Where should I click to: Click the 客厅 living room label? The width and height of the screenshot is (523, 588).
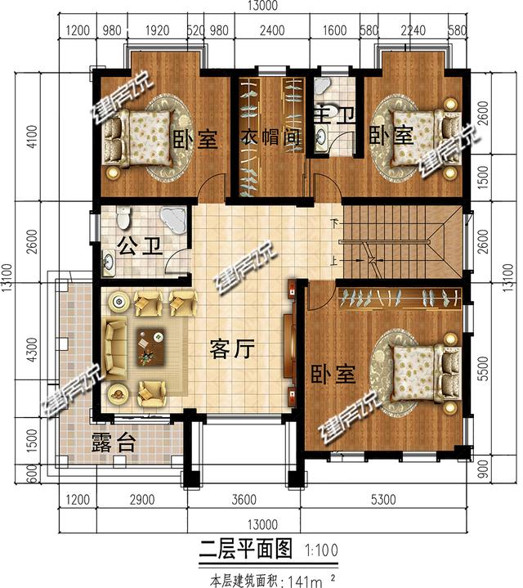(233, 351)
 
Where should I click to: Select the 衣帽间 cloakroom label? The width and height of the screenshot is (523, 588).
(268, 138)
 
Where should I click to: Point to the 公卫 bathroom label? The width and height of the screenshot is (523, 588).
(137, 245)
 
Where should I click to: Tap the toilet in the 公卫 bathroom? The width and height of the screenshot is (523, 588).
(123, 218)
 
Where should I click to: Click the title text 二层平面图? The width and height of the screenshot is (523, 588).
(245, 548)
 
